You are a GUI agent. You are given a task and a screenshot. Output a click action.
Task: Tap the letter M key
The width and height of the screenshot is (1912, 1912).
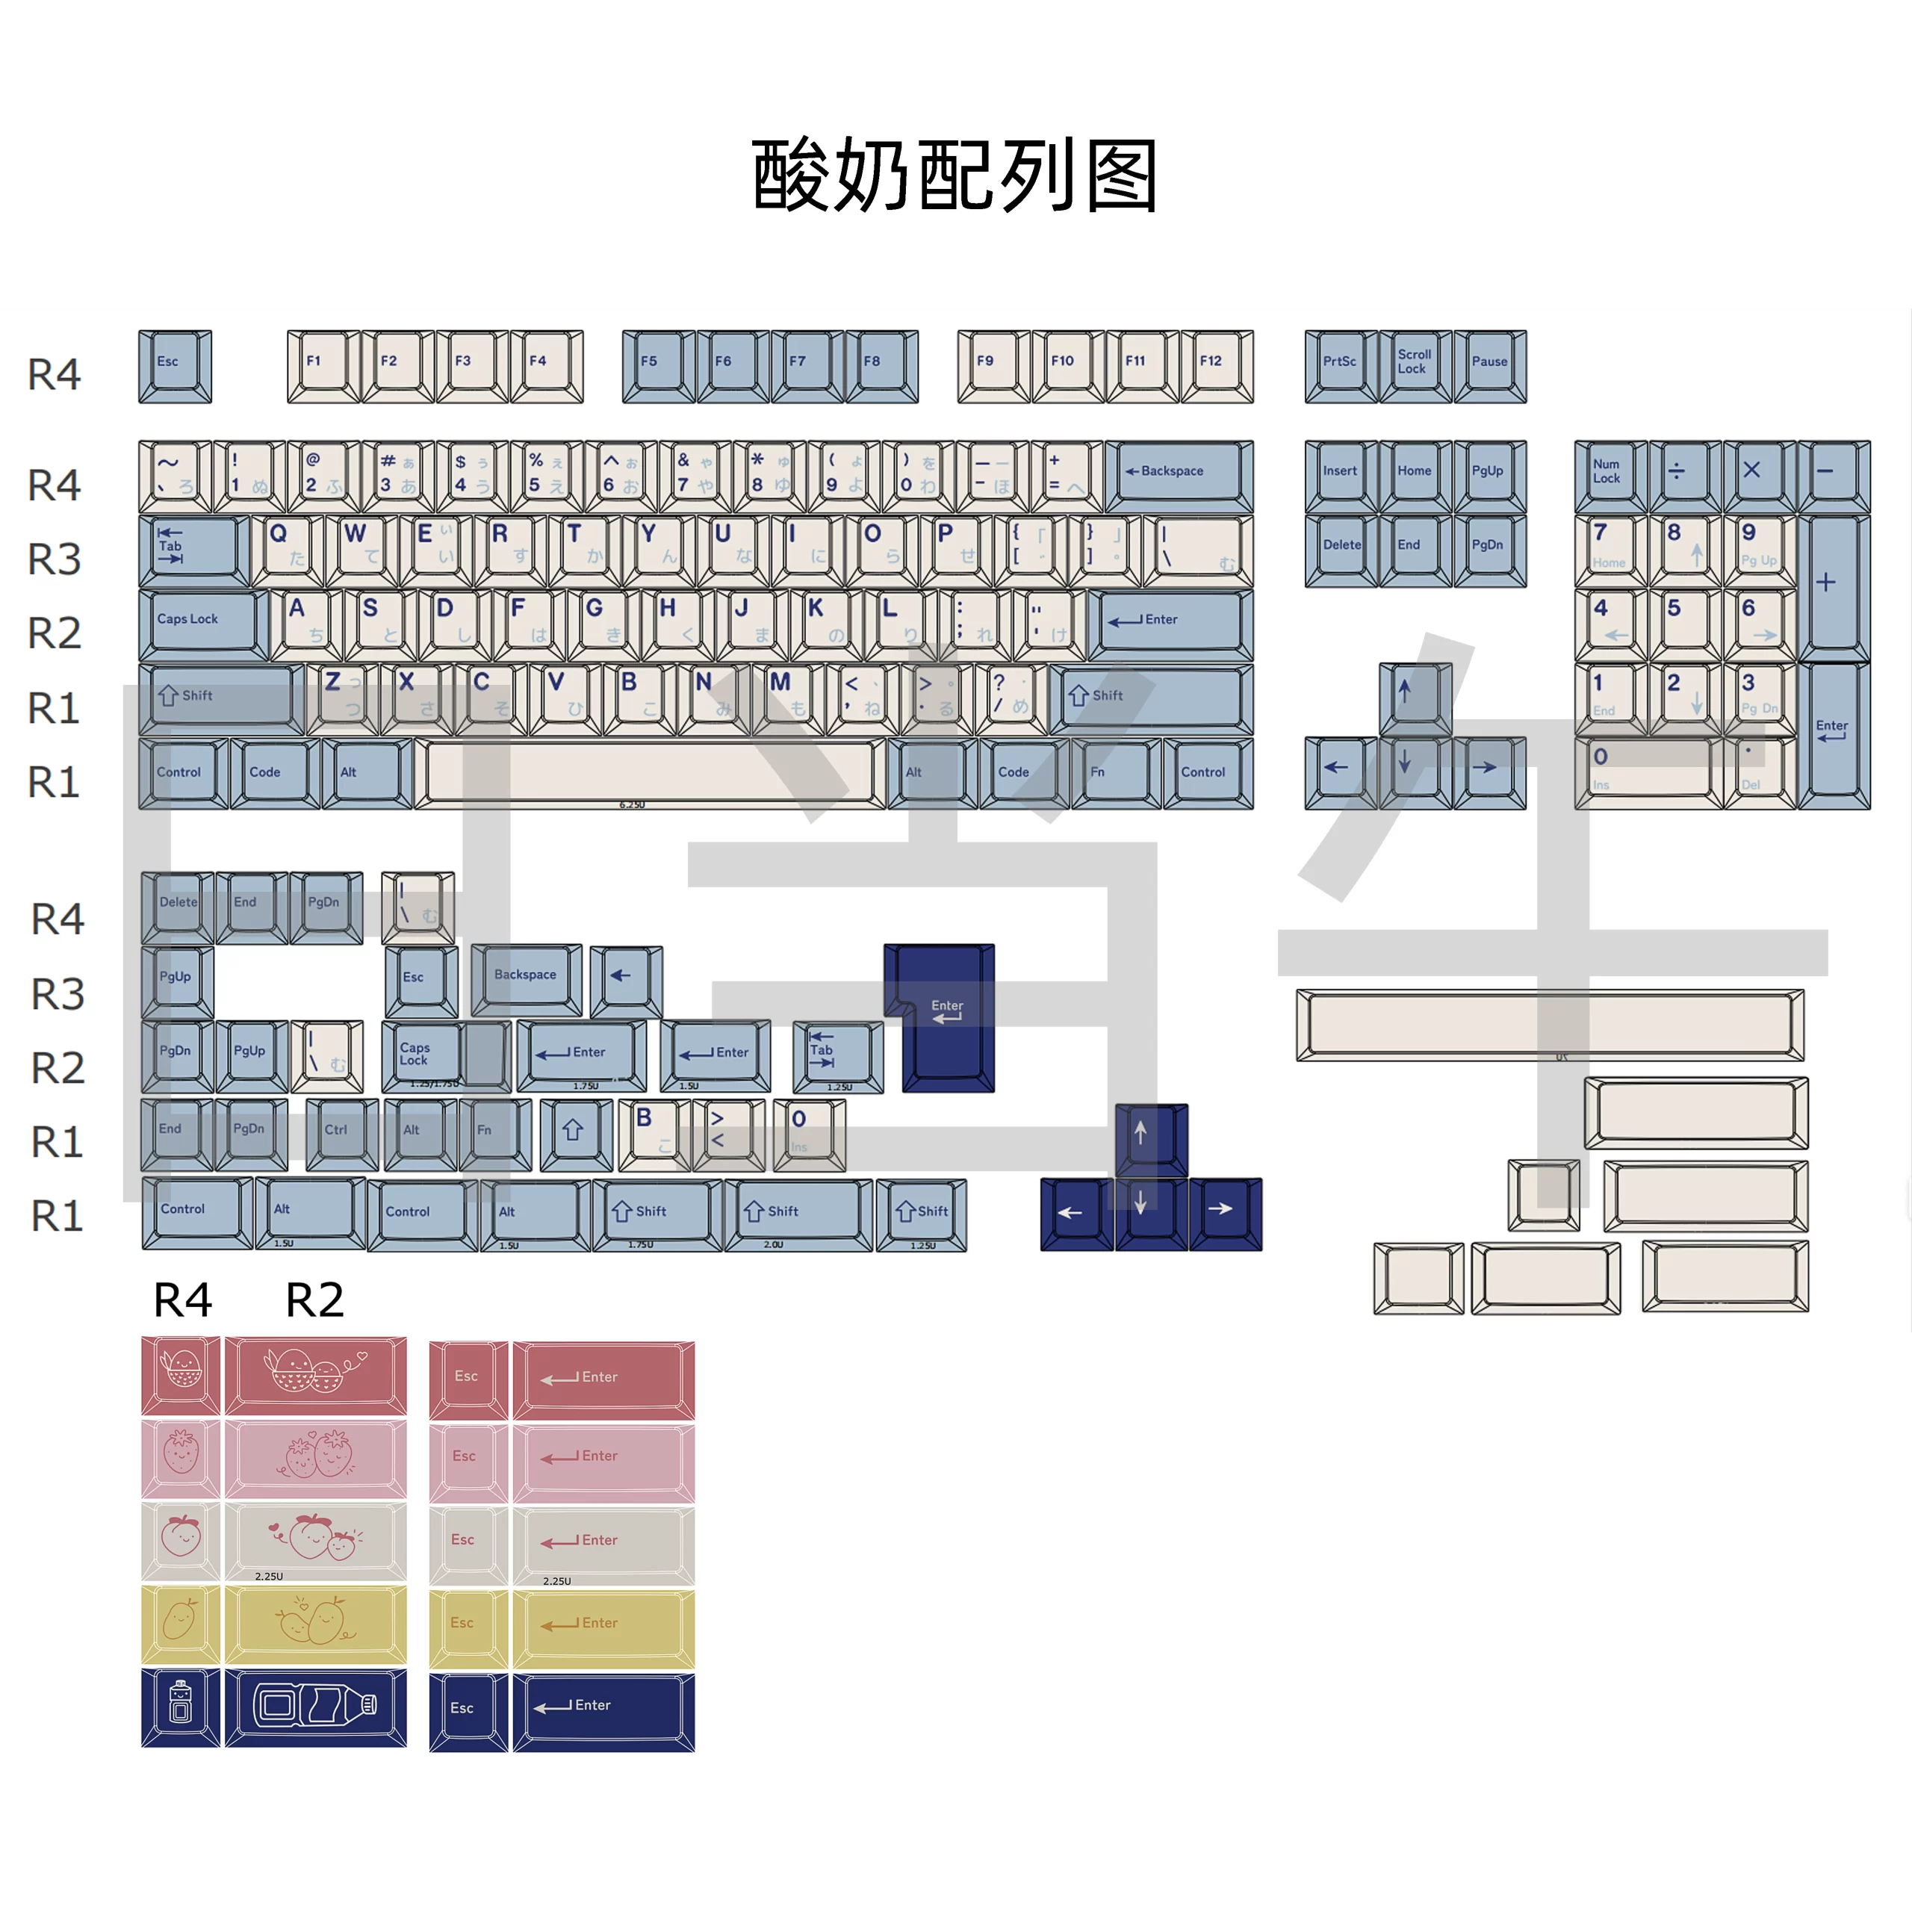(x=788, y=696)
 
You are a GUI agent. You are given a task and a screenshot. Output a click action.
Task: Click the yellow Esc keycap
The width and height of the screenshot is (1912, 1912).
(x=467, y=1626)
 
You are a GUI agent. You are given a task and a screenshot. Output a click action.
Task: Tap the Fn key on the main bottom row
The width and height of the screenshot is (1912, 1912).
(x=1114, y=772)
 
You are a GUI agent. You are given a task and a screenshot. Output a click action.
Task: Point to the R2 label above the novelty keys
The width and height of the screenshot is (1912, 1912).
(x=314, y=1300)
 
